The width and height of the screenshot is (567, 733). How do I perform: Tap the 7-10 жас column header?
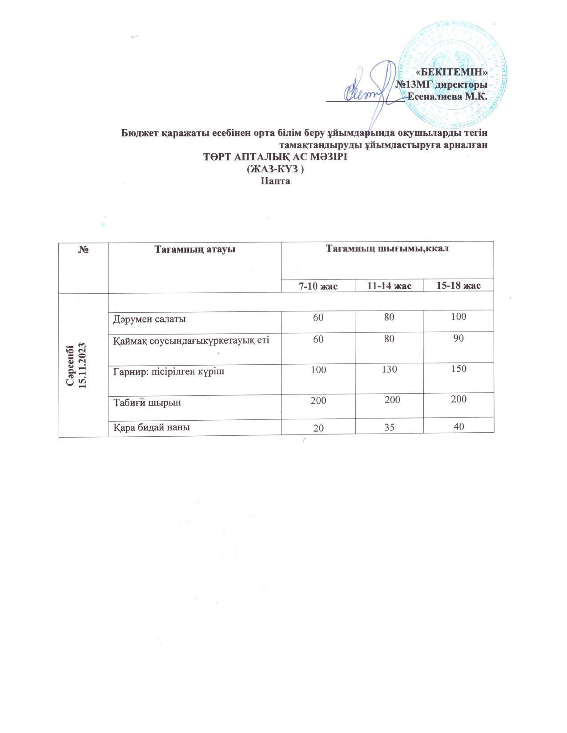(x=318, y=286)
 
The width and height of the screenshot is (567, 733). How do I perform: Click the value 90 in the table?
(x=458, y=338)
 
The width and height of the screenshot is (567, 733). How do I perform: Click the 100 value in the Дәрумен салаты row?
(x=458, y=317)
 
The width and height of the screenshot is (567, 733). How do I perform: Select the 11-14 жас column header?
(x=389, y=286)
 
